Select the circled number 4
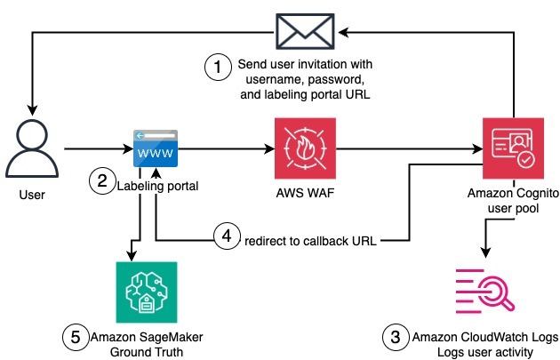coord(227,238)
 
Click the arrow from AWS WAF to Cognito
coord(409,148)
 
